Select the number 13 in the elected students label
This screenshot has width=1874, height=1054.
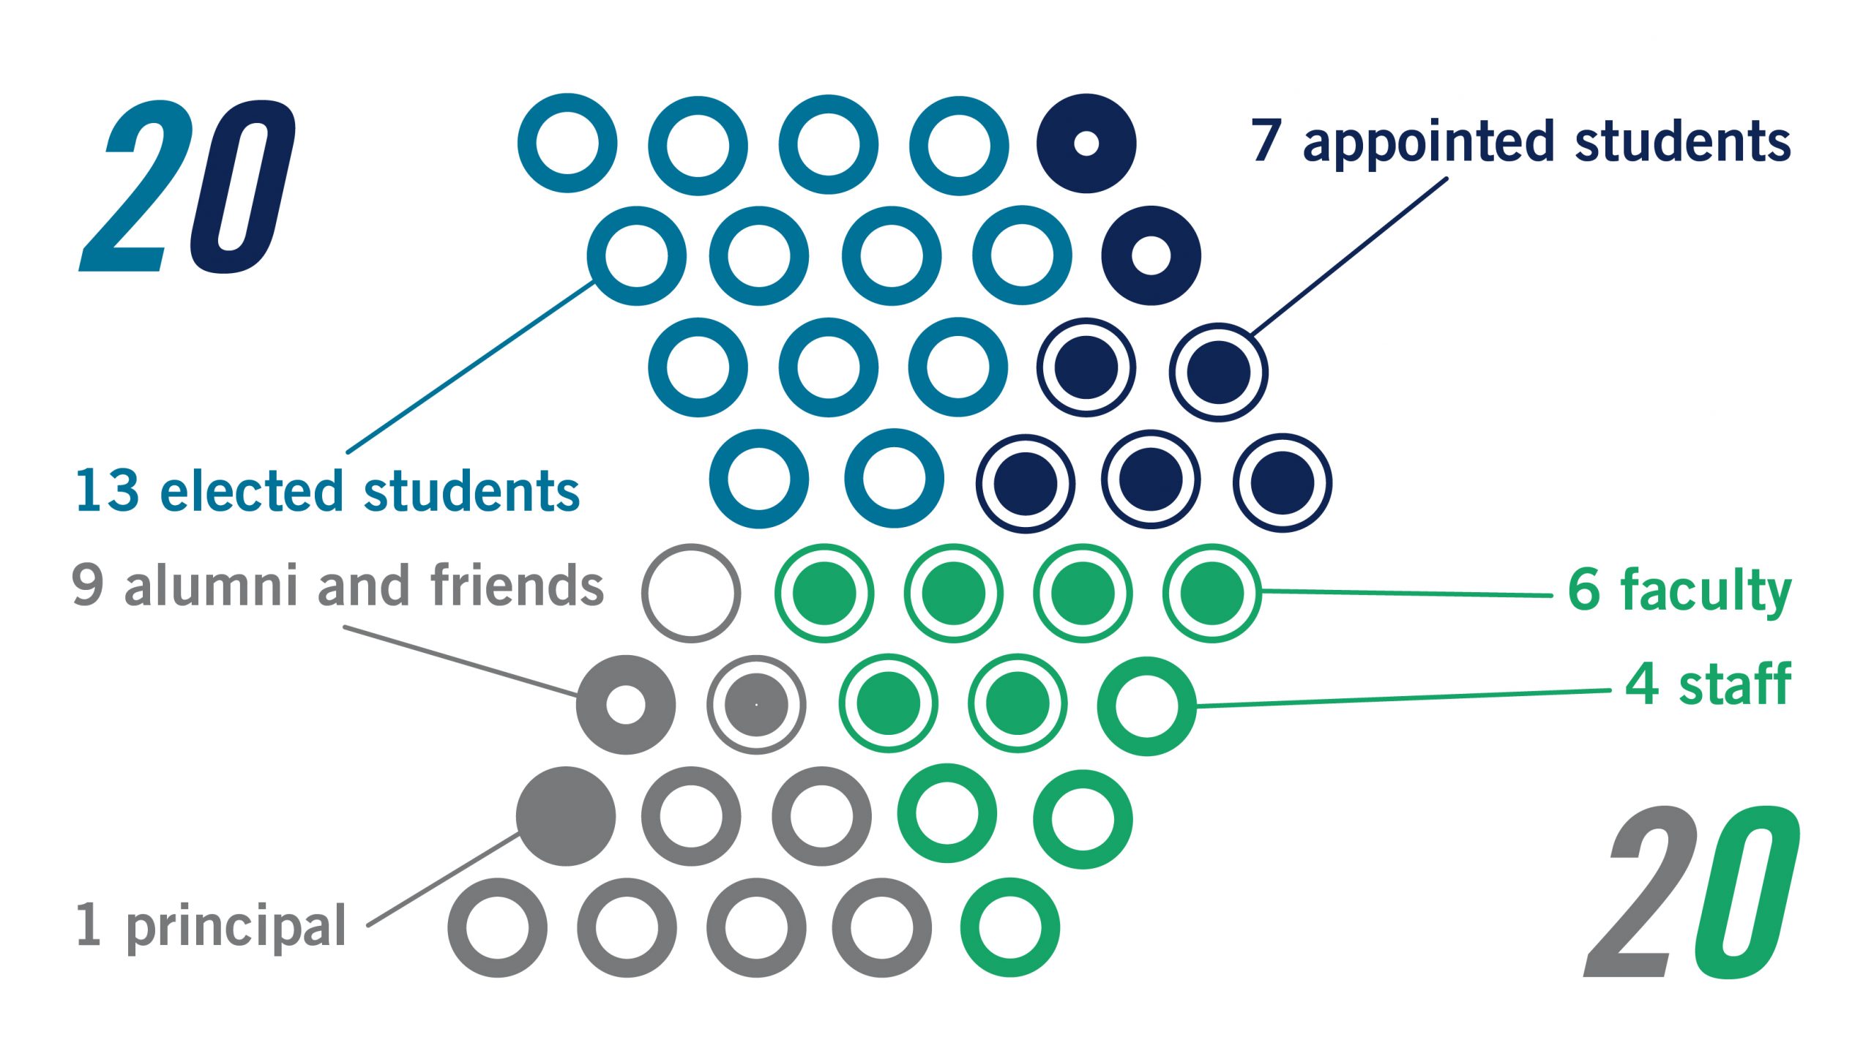pos(107,490)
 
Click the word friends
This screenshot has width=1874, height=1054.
pos(517,586)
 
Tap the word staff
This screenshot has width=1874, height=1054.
pos(1735,684)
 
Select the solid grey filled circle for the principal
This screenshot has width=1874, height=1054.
pos(566,816)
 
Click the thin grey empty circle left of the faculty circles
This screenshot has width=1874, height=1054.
pos(691,593)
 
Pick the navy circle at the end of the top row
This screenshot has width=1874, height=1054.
pos(1086,143)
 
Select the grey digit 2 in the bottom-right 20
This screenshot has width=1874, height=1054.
pos(1640,893)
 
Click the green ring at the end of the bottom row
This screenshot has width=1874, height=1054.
pos(1009,927)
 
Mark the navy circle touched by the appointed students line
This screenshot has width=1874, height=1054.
pos(1218,372)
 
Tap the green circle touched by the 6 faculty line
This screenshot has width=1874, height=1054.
pos(1212,593)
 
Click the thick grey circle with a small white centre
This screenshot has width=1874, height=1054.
pos(626,705)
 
